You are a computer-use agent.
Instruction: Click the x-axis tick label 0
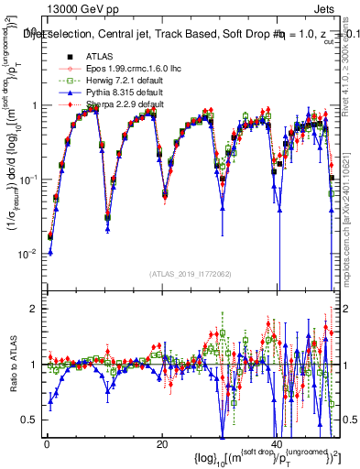pyautogui.click(x=47, y=444)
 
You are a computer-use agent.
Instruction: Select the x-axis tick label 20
pyautogui.click(x=162, y=444)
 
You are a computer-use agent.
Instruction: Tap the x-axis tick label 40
pyautogui.click(x=278, y=444)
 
